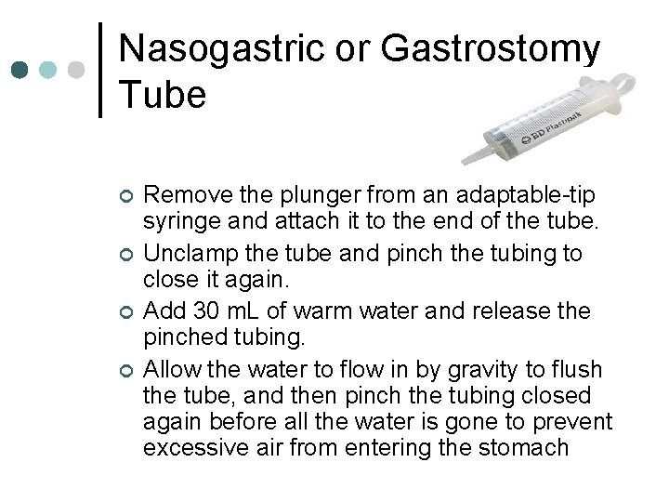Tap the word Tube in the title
163,95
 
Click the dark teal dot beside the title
20,71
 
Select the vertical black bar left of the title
100,71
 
